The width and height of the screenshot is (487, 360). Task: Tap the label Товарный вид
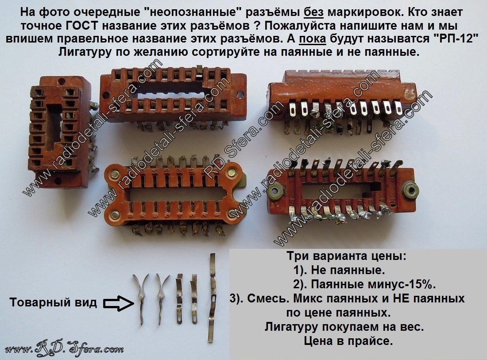click(x=53, y=302)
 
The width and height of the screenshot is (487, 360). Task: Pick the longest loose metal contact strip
click(x=212, y=298)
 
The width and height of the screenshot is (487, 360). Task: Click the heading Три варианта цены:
click(x=346, y=256)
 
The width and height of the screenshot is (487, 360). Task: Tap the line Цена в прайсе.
click(x=348, y=341)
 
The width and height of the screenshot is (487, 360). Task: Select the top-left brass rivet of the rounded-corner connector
click(x=115, y=174)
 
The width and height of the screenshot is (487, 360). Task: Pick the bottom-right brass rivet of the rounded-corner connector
click(x=234, y=214)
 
